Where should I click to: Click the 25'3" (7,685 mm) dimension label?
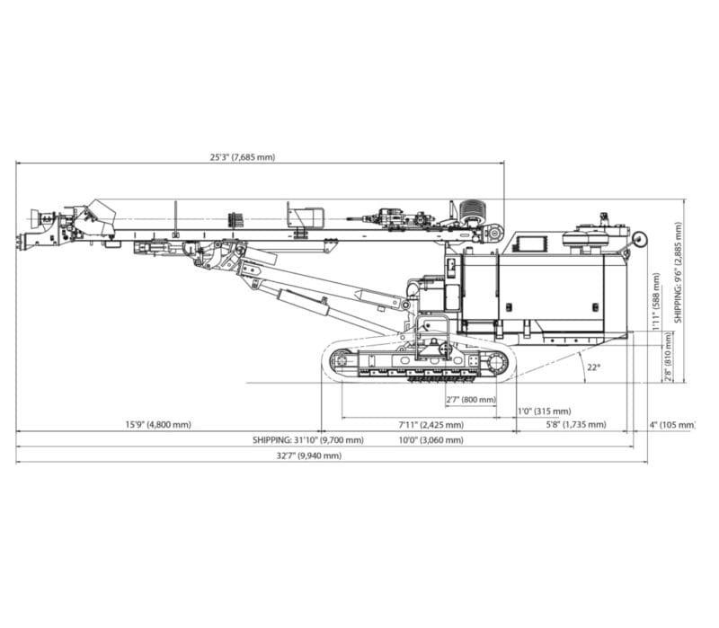point(243,157)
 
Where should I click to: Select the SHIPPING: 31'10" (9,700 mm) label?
point(308,440)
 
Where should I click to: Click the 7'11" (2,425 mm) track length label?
point(431,424)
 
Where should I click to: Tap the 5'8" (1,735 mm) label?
point(575,424)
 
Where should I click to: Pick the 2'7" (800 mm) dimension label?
point(470,399)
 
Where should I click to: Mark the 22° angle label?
point(591,367)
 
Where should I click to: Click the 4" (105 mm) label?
point(673,424)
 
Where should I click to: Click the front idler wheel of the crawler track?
point(341,362)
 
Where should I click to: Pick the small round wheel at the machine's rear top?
point(640,239)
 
